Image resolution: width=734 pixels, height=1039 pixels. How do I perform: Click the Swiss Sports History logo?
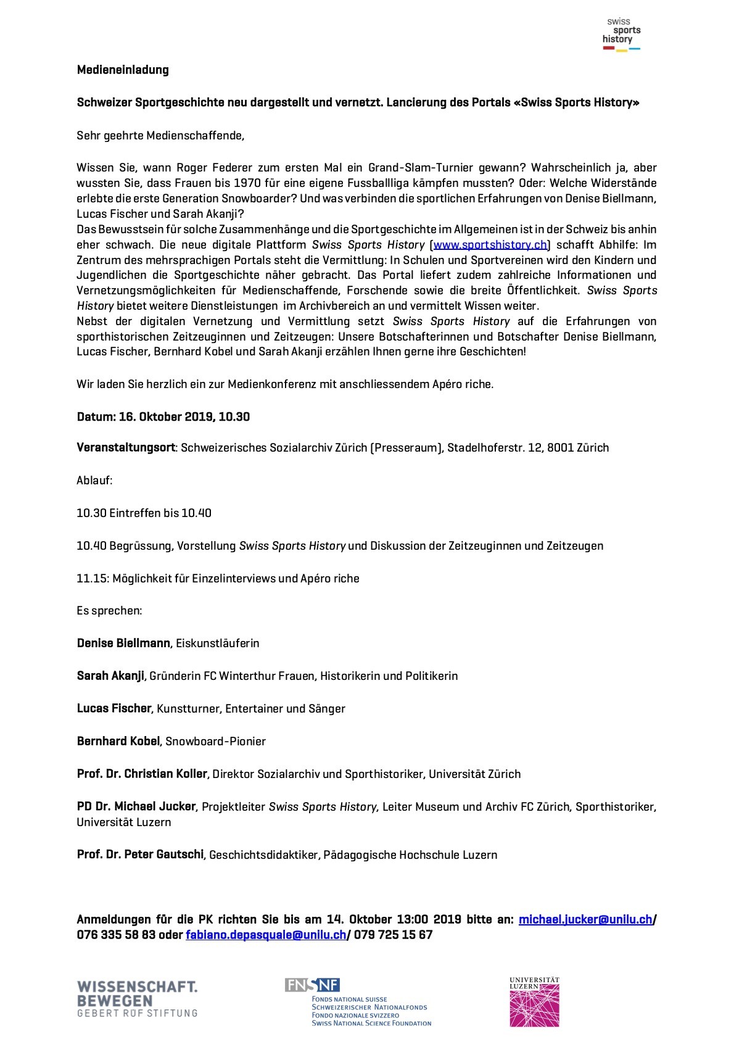pos(621,35)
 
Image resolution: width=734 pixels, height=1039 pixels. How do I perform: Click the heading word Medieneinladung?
pos(123,70)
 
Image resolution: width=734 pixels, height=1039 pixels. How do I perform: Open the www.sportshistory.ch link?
pos(490,244)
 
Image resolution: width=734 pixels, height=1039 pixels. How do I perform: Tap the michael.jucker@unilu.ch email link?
pos(585,919)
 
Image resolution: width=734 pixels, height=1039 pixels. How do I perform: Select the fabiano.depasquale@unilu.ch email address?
pos(266,935)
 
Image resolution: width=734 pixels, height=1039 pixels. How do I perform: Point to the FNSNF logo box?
pos(312,985)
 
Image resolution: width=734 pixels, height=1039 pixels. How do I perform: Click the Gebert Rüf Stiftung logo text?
pos(137,999)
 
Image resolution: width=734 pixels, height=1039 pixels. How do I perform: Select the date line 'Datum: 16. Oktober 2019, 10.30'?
pos(163,416)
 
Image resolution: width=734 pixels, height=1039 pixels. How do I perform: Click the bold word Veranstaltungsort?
pos(126,447)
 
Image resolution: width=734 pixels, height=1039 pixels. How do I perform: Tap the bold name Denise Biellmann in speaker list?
pos(123,643)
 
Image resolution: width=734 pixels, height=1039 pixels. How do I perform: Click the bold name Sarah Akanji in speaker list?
pos(110,676)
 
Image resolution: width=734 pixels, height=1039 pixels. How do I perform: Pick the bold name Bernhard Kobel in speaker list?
pos(118,741)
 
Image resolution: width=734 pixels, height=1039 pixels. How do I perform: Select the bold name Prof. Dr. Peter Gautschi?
pos(140,855)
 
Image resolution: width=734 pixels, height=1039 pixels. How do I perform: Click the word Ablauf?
pos(94,480)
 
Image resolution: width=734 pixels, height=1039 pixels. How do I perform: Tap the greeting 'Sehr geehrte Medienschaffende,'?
pos(160,135)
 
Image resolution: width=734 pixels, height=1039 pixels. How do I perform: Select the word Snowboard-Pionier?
pos(215,741)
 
